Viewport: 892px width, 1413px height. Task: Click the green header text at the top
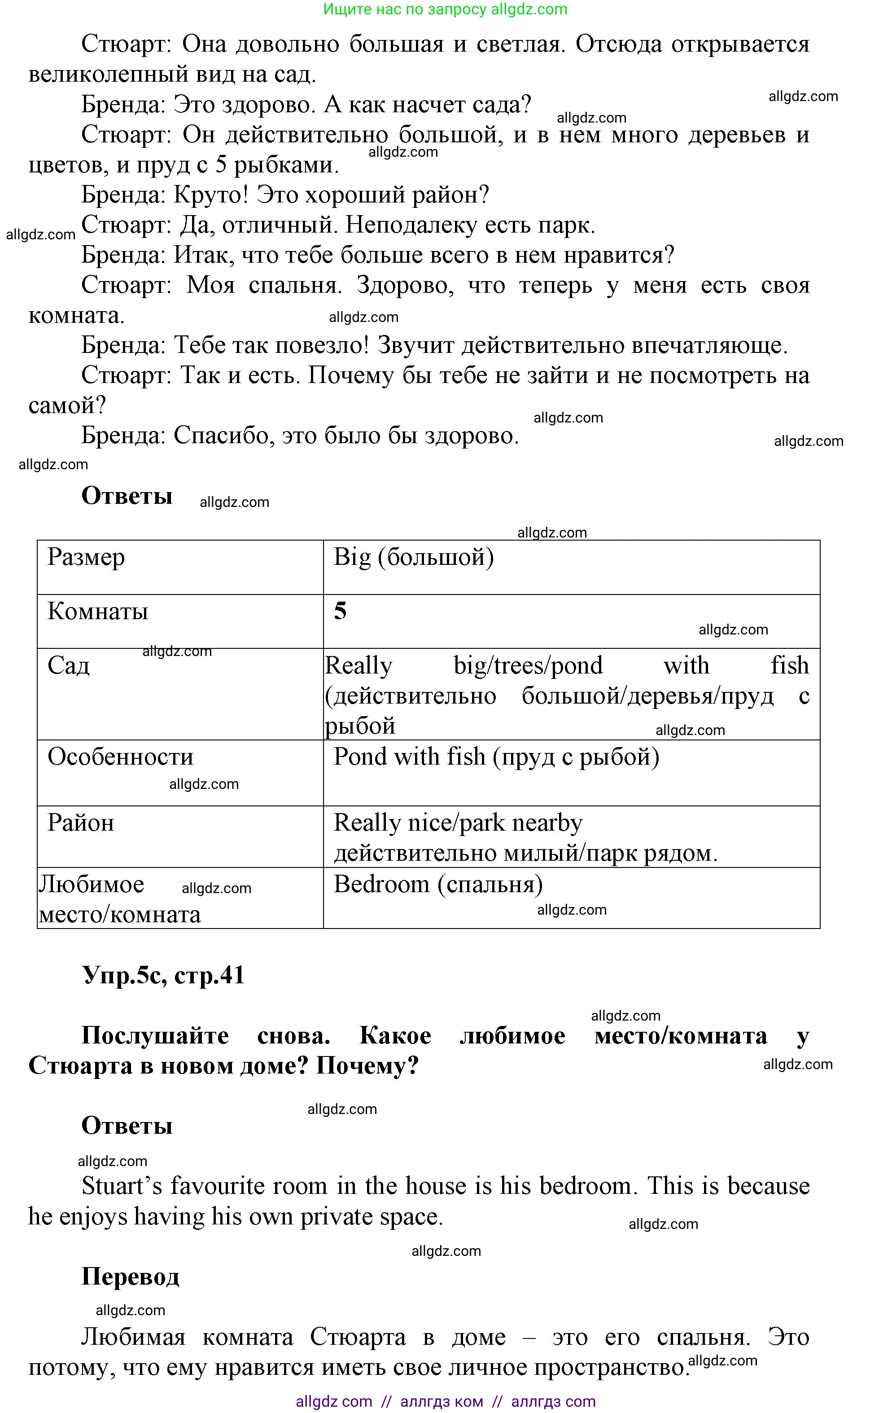click(x=445, y=9)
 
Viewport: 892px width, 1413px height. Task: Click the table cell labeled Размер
click(x=86, y=558)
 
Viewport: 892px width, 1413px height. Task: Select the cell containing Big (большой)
click(x=413, y=558)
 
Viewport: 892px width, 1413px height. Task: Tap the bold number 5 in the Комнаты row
click(x=340, y=612)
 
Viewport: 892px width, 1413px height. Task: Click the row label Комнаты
click(x=98, y=612)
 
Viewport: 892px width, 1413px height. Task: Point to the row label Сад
click(x=69, y=666)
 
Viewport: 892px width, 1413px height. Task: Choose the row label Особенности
click(x=120, y=757)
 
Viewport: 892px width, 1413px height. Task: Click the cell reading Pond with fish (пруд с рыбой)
click(x=496, y=757)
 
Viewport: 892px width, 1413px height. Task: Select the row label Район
click(x=81, y=823)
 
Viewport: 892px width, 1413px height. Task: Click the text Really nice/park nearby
click(x=457, y=823)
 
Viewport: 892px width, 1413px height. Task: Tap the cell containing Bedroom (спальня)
click(x=438, y=884)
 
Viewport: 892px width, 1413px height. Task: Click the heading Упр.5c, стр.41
click(x=163, y=975)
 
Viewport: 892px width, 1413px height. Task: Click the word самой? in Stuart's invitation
click(x=67, y=405)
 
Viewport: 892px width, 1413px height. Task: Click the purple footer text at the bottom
click(x=445, y=1402)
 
